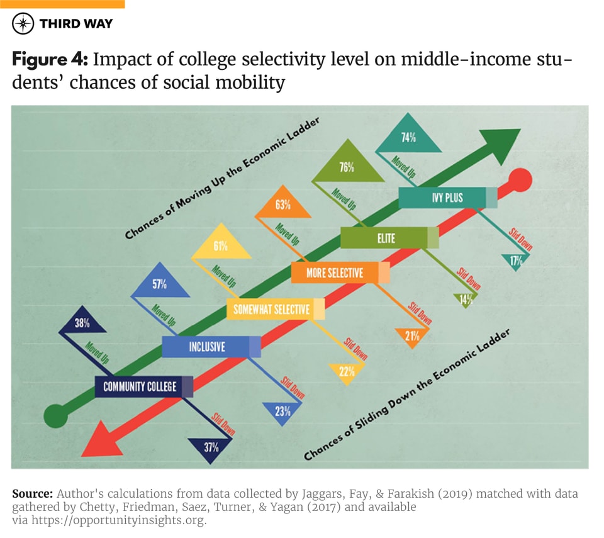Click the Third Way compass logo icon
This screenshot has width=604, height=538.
[23, 24]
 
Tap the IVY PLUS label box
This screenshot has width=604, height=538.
[447, 198]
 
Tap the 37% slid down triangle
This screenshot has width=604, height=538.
[211, 447]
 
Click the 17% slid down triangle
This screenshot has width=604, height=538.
[516, 261]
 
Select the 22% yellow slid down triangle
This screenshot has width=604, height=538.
[346, 371]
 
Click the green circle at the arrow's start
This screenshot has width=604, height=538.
[55, 416]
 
